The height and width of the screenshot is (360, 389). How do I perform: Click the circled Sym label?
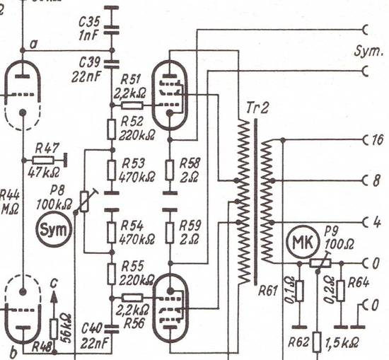(54, 231)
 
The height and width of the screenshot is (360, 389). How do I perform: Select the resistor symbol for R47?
(43, 161)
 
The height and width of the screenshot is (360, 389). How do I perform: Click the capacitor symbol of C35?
(111, 30)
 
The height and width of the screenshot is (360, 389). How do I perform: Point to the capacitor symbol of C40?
(111, 329)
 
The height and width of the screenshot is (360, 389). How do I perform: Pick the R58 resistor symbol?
(170, 170)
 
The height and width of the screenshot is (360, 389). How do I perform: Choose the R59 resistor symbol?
(170, 233)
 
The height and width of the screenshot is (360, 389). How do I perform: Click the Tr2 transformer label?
(257, 108)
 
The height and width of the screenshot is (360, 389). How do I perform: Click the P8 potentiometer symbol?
(85, 201)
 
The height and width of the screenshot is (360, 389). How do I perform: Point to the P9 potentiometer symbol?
(320, 263)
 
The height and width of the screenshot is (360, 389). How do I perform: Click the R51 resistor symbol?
(132, 105)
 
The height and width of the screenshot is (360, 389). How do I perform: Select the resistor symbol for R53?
(111, 170)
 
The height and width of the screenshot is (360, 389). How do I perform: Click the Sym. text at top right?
(368, 52)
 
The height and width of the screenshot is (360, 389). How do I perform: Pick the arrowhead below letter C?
(54, 297)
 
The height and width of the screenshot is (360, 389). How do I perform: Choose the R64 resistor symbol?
(341, 291)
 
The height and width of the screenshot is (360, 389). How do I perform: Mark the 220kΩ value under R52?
(137, 135)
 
